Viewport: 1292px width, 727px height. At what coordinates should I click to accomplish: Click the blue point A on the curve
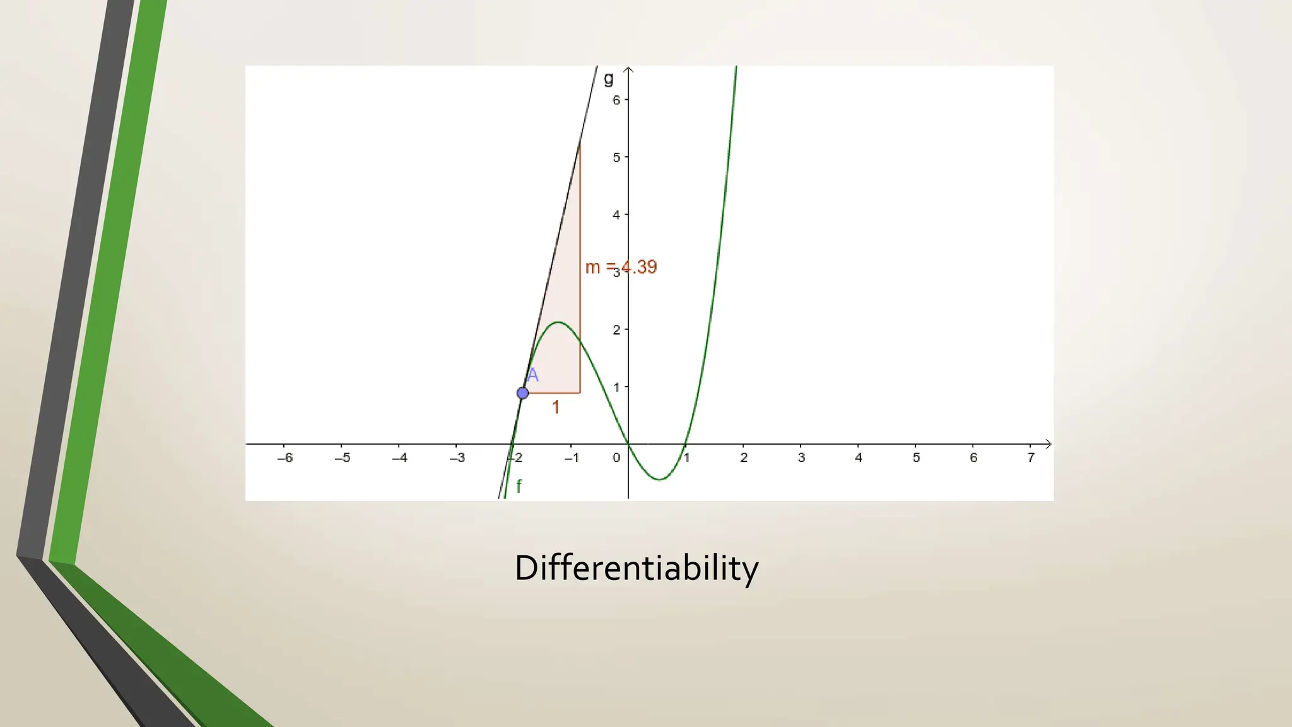pos(522,393)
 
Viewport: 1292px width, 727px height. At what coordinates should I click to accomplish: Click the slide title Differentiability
pos(636,568)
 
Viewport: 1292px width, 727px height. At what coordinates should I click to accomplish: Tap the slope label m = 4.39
pos(621,267)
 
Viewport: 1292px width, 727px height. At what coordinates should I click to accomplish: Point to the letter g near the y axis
pos(608,79)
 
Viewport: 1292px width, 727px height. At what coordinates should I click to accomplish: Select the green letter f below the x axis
pos(519,486)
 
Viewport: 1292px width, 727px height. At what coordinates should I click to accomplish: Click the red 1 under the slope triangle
pos(555,408)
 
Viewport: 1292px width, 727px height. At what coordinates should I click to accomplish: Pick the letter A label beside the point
pos(533,375)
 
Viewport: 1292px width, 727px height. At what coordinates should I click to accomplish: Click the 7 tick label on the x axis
pos(1031,458)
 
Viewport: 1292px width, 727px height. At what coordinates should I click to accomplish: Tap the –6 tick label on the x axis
pos(285,458)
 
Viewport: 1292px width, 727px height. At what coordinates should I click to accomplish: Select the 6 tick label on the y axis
pos(616,100)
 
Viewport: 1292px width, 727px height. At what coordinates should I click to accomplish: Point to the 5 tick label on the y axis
pos(616,157)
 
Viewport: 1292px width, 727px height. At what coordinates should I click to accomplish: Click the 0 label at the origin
pos(616,458)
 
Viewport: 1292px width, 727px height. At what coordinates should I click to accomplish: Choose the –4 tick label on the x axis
pos(399,458)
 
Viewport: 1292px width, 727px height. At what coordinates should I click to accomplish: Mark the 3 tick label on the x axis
pos(801,458)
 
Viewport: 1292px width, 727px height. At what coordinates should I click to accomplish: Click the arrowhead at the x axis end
pos(1048,444)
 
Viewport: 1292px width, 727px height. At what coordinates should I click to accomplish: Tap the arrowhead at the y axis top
pos(628,69)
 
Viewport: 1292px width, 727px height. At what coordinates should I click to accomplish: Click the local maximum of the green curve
pos(559,322)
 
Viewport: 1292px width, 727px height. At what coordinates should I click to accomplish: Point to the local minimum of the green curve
pos(659,480)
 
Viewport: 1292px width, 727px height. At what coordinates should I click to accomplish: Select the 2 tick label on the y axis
pos(616,329)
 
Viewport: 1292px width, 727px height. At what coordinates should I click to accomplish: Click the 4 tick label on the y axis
pos(616,215)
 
